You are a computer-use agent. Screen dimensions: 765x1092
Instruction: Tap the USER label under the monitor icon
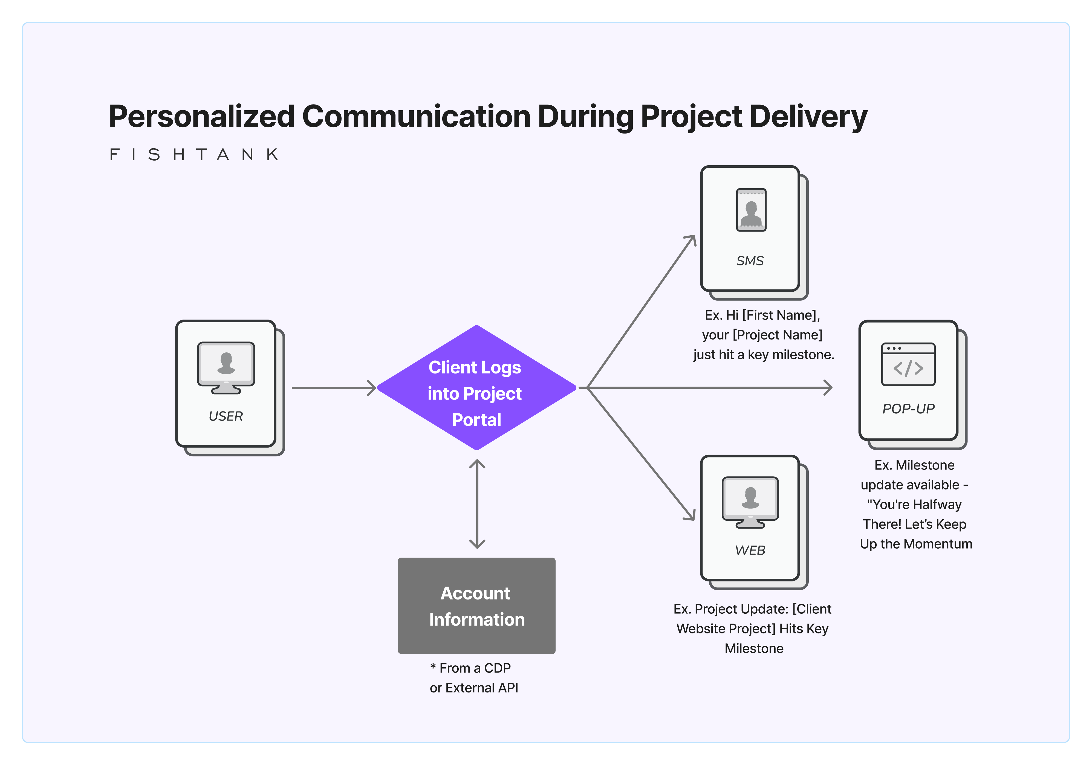coord(226,416)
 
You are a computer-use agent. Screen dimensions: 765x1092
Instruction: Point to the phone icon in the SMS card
coord(751,210)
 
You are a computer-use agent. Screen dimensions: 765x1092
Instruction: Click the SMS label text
coord(750,260)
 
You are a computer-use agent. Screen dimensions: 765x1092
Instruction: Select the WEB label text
coord(750,550)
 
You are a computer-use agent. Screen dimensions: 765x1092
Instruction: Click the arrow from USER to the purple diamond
coord(333,388)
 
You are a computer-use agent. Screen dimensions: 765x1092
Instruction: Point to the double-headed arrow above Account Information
coord(477,504)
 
